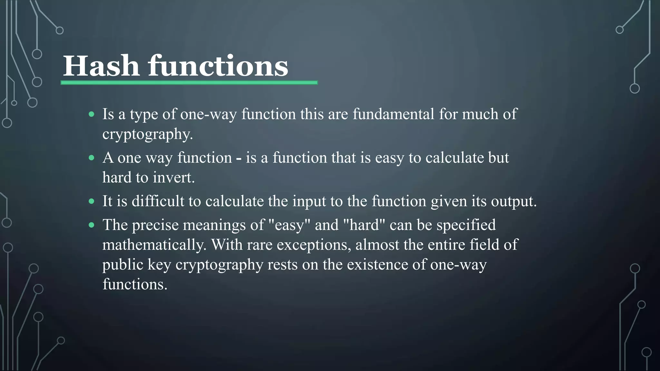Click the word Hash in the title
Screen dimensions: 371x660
pos(101,66)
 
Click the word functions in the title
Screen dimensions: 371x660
pos(218,66)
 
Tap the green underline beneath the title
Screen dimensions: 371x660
pos(189,83)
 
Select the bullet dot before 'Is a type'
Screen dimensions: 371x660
pos(92,114)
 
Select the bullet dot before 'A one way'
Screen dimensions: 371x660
pos(92,158)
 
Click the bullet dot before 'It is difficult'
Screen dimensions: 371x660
pos(92,201)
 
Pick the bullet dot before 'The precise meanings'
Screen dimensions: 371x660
pos(92,225)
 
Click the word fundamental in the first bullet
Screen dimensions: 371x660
pos(393,114)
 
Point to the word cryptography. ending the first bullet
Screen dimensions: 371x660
pos(148,134)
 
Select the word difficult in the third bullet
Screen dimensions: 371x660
pos(158,201)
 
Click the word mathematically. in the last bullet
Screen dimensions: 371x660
pos(154,245)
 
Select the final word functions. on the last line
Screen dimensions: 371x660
pos(135,284)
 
